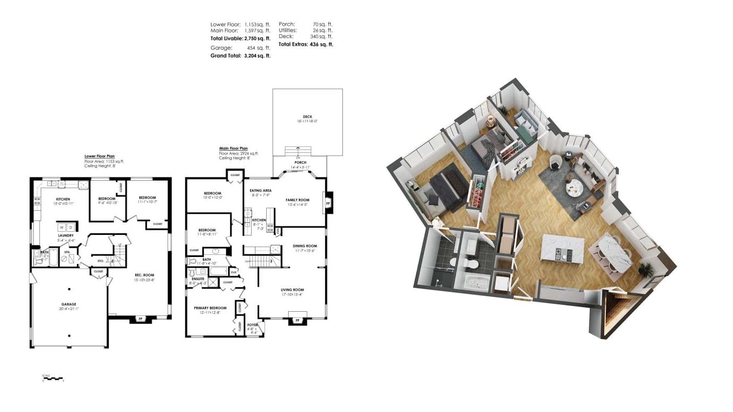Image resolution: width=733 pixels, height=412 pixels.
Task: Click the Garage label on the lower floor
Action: pyautogui.click(x=69, y=304)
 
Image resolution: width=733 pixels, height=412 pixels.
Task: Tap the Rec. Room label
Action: pyautogui.click(x=144, y=275)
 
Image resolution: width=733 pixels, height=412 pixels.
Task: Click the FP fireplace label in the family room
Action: pyautogui.click(x=328, y=203)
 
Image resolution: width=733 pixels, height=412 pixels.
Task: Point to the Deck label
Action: pyautogui.click(x=307, y=117)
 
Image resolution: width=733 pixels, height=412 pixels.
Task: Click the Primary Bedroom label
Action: pyautogui.click(x=210, y=308)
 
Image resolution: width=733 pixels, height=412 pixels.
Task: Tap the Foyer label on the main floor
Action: pyautogui.click(x=252, y=325)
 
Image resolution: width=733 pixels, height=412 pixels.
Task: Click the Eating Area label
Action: pyautogui.click(x=261, y=190)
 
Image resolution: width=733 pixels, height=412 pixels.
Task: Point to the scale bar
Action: pyautogui.click(x=53, y=379)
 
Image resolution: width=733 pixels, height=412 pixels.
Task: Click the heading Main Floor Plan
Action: pyautogui.click(x=233, y=148)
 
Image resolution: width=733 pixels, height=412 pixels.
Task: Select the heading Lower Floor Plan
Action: pyautogui.click(x=99, y=156)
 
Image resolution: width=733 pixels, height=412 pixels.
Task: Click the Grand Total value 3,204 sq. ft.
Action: pyautogui.click(x=257, y=55)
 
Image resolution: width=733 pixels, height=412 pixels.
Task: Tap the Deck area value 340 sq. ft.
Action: pyautogui.click(x=322, y=36)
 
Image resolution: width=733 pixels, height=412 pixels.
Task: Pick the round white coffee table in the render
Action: pyautogui.click(x=574, y=187)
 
